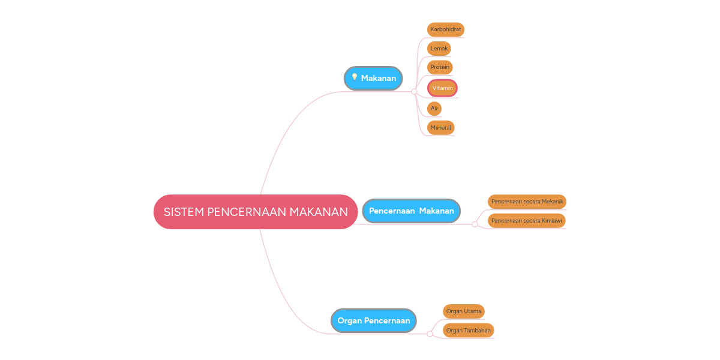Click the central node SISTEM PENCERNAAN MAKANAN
tap(256, 212)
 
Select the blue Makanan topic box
tap(373, 79)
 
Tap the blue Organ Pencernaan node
tap(373, 320)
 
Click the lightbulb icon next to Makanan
tap(355, 77)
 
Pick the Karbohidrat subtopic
tap(445, 29)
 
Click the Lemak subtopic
tap(439, 49)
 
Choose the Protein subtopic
tap(440, 67)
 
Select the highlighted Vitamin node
tap(442, 88)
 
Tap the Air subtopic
tap(434, 109)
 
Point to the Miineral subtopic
tap(440, 128)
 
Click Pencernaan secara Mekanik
tap(527, 202)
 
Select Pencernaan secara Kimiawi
tap(526, 221)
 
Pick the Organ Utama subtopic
tap(463, 311)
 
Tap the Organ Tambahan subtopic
tap(468, 331)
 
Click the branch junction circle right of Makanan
tap(414, 92)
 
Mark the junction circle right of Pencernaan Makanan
tap(475, 224)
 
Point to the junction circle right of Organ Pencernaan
tap(430, 334)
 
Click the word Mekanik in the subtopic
tap(553, 202)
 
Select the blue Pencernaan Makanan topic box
tap(411, 211)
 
